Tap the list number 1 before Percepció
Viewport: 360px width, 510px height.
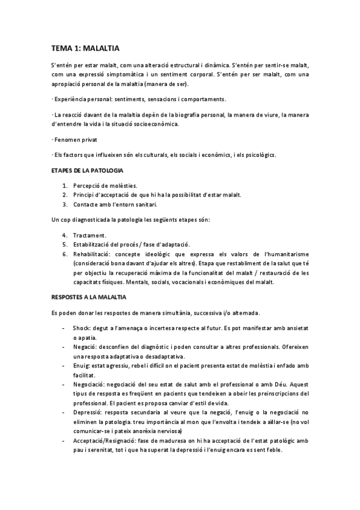(x=64, y=185)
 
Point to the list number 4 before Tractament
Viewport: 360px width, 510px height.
(x=64, y=235)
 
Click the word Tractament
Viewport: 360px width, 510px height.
(x=90, y=235)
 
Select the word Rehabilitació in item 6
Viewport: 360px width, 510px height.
(x=92, y=254)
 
